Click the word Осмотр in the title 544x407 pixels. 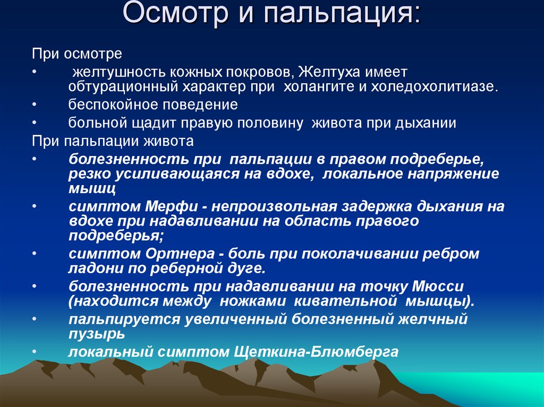(175, 14)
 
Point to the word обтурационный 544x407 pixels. (123, 87)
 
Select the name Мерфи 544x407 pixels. (171, 206)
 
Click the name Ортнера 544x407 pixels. (180, 254)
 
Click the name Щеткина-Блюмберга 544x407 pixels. (316, 352)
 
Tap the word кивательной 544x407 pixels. (345, 301)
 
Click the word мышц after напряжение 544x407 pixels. (92, 188)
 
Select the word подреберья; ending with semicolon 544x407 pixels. (116, 236)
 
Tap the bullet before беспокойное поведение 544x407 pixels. (35, 105)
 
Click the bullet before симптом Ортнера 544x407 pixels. (35, 254)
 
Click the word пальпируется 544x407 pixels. (124, 319)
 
